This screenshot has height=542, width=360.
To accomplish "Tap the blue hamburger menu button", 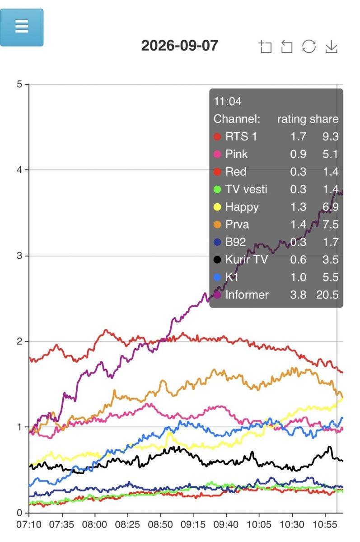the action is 22,28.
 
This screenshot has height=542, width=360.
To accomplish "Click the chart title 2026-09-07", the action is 179,46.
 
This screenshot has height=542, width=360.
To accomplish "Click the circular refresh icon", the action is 309,46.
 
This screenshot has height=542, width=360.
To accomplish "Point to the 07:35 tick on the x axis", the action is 61,524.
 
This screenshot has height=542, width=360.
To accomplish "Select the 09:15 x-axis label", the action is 193,524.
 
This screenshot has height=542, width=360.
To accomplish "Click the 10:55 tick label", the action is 325,524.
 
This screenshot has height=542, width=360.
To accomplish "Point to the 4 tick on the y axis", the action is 19,170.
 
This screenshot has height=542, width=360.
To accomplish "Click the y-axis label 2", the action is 19,341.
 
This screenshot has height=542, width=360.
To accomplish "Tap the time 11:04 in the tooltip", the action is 227,101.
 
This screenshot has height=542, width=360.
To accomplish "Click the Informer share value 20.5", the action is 327,294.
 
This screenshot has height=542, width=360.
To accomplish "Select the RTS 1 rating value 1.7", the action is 298,136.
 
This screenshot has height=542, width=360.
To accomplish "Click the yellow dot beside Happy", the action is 217,207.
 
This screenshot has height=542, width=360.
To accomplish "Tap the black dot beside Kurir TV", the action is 217,260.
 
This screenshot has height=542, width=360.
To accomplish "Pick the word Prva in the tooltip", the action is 237,224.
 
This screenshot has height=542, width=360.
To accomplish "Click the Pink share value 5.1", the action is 330,154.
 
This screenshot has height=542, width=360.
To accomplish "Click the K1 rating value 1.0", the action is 298,277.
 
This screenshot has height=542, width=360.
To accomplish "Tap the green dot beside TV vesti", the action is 217,189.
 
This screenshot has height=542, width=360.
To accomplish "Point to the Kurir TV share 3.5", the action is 330,260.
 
